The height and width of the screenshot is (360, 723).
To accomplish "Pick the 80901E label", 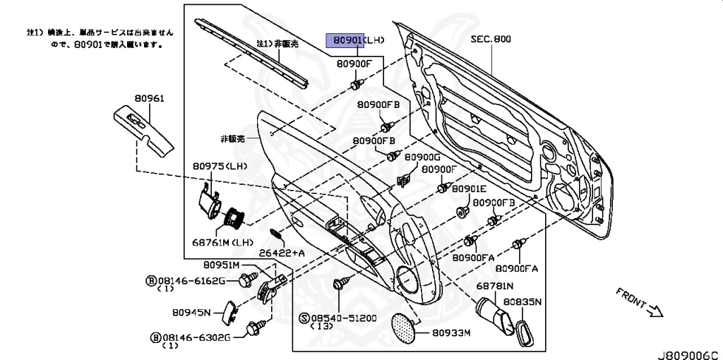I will pyautogui.click(x=470, y=188).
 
